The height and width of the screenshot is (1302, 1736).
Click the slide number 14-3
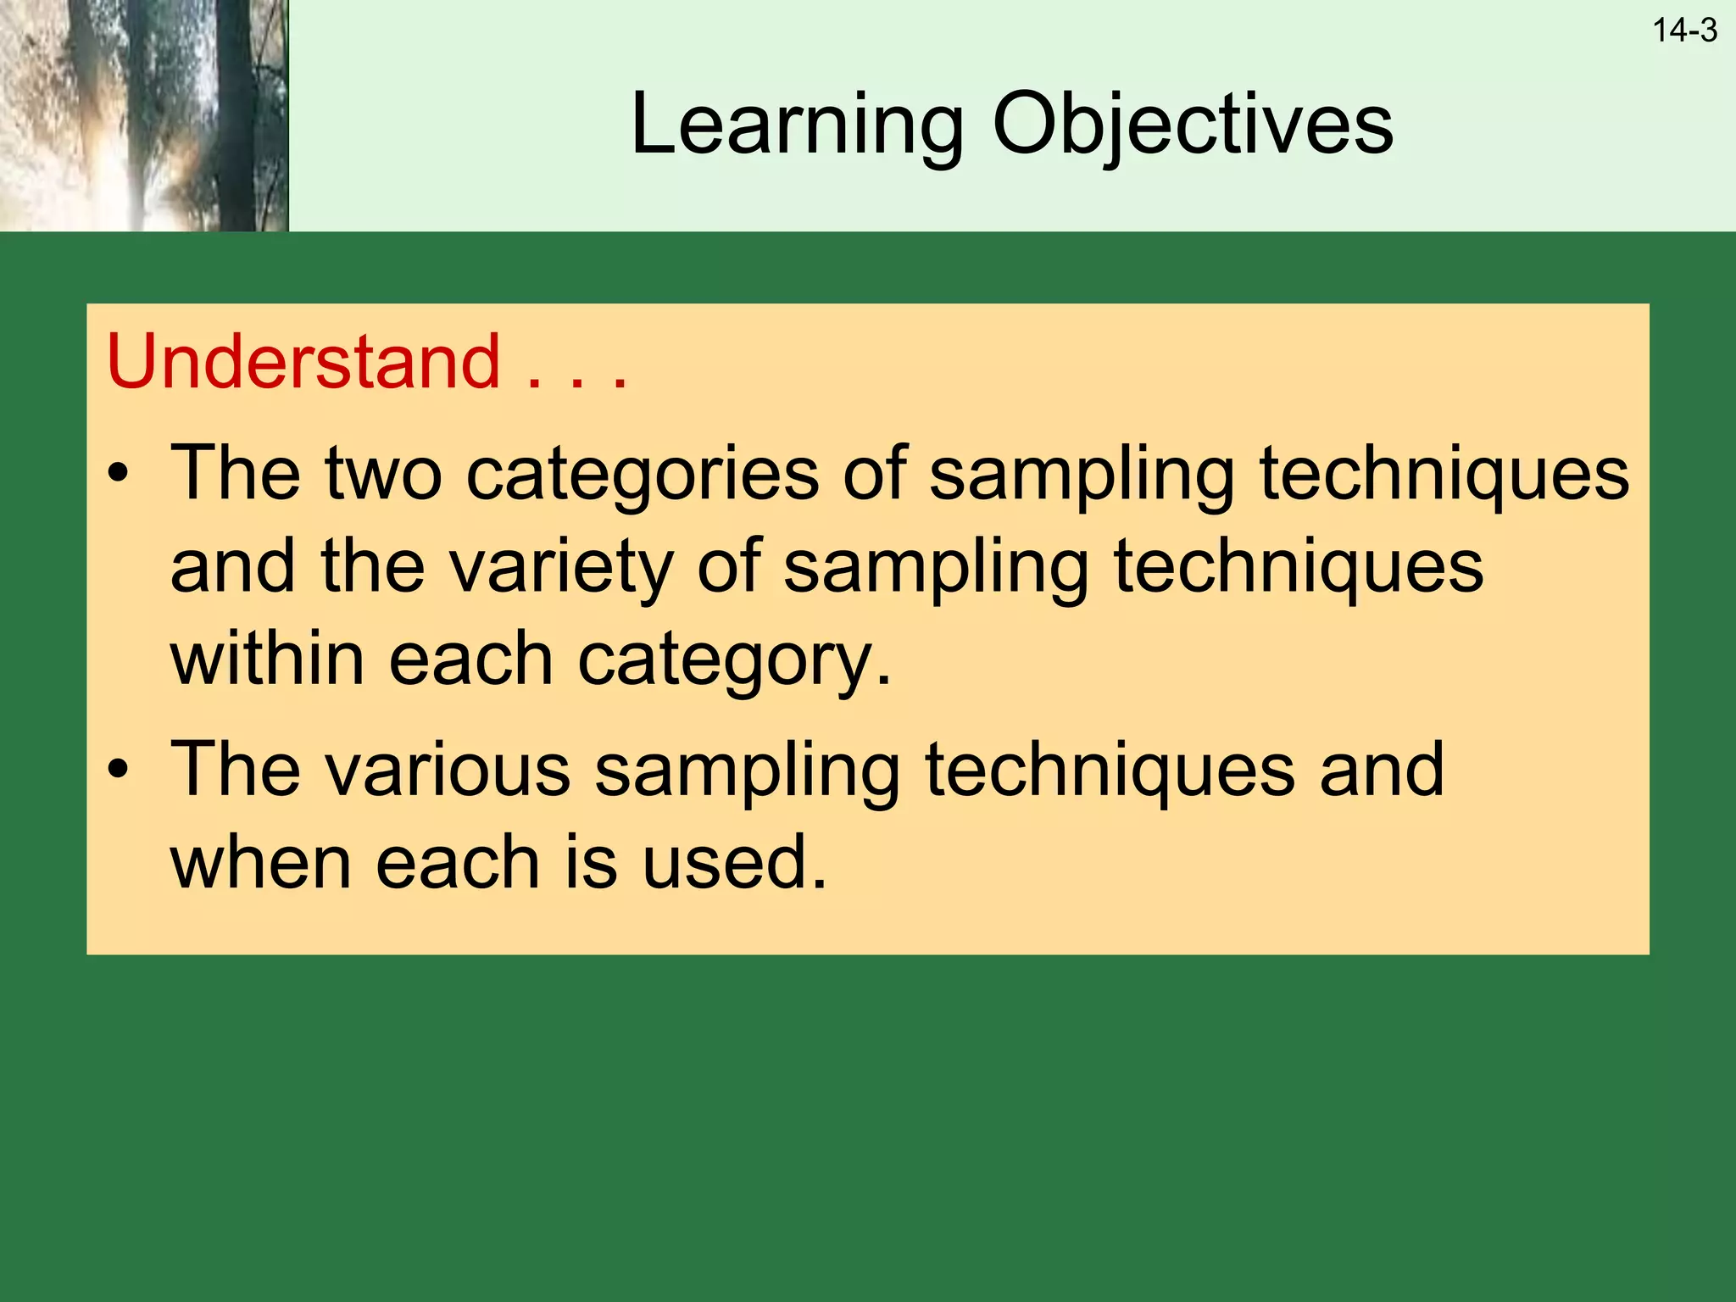(1684, 31)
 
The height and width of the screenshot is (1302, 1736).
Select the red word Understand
(303, 362)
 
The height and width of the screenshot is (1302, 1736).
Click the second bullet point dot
(119, 769)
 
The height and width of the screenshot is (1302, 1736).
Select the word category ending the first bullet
(734, 661)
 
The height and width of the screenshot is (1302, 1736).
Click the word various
(447, 769)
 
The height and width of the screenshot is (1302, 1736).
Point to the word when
(260, 862)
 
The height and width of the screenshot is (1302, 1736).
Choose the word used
(734, 862)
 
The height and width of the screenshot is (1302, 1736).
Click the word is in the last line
(590, 862)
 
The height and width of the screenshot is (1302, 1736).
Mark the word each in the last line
(458, 862)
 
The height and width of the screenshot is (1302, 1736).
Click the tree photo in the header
(144, 115)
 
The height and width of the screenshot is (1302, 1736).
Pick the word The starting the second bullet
(236, 769)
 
